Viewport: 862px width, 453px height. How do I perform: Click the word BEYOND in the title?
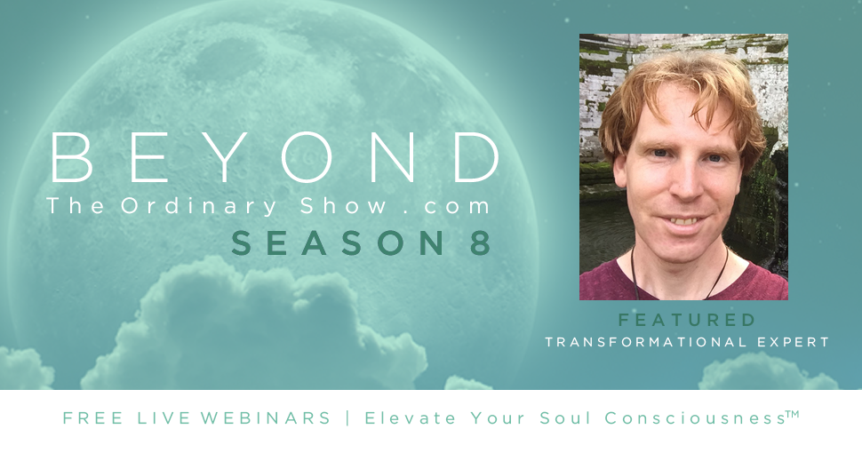(275, 157)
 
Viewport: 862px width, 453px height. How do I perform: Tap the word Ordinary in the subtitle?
(199, 207)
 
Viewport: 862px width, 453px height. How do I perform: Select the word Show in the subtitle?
(344, 205)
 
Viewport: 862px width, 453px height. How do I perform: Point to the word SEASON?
(339, 243)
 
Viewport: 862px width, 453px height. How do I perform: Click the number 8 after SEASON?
(481, 243)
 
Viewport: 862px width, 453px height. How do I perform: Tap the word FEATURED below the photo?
(687, 320)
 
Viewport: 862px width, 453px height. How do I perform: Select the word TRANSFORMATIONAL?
(646, 342)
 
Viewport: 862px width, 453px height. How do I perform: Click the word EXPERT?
(793, 342)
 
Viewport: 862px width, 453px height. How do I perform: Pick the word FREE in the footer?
(93, 417)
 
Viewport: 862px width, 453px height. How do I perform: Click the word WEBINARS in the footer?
(266, 417)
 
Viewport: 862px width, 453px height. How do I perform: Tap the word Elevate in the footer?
(410, 417)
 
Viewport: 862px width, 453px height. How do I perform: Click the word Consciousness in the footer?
(696, 417)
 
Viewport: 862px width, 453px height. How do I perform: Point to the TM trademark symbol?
(792, 413)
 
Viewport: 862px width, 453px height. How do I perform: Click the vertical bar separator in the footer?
(348, 417)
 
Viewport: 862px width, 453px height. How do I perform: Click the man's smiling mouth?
(683, 221)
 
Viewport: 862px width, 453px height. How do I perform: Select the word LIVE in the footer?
(163, 417)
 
